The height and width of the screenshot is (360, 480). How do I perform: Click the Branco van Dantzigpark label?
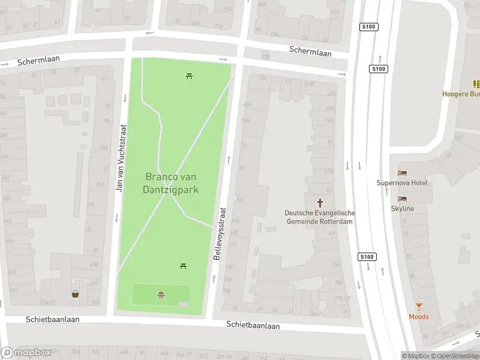click(x=171, y=183)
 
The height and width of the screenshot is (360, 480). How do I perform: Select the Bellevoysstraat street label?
click(x=220, y=233)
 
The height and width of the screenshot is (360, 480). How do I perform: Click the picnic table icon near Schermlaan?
click(x=189, y=76)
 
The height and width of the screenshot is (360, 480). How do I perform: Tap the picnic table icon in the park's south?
click(x=184, y=266)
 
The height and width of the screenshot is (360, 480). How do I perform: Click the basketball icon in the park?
click(x=161, y=294)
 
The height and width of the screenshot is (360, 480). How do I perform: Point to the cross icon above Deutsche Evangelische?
click(x=320, y=203)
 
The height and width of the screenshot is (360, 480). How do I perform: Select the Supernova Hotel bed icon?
click(x=402, y=173)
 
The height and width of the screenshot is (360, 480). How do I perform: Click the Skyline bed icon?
click(x=402, y=199)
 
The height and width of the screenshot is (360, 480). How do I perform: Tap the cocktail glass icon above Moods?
click(x=419, y=306)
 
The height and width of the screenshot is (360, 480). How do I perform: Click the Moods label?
click(x=419, y=316)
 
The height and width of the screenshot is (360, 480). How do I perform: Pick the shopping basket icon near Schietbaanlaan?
click(x=76, y=294)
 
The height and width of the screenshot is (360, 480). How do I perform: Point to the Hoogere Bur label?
click(x=461, y=94)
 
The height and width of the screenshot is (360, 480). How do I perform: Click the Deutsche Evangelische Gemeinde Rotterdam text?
click(x=319, y=217)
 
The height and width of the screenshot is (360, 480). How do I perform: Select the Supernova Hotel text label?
click(x=402, y=182)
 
